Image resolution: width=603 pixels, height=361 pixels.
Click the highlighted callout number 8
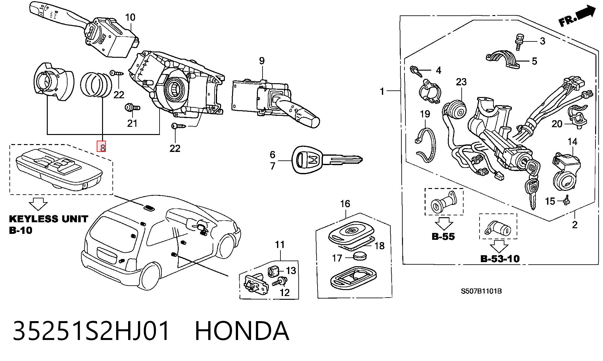pyautogui.click(x=102, y=146)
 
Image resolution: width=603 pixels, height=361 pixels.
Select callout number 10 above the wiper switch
pyautogui.click(x=130, y=17)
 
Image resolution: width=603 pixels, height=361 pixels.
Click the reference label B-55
pyautogui.click(x=443, y=236)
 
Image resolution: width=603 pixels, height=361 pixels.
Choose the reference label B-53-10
pyautogui.click(x=500, y=259)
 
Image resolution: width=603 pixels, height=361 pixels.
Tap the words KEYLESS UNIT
pyautogui.click(x=48, y=219)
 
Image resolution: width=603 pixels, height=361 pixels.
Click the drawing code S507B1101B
pyautogui.click(x=481, y=291)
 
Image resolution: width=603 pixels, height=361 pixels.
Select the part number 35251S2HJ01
pyautogui.click(x=91, y=331)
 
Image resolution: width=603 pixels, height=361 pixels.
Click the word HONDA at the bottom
pyautogui.click(x=242, y=331)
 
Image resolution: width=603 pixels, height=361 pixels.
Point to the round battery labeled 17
pyautogui.click(x=360, y=256)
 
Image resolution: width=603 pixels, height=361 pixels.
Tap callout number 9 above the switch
pyautogui.click(x=262, y=61)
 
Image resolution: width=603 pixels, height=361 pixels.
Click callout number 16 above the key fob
pyautogui.click(x=345, y=204)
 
